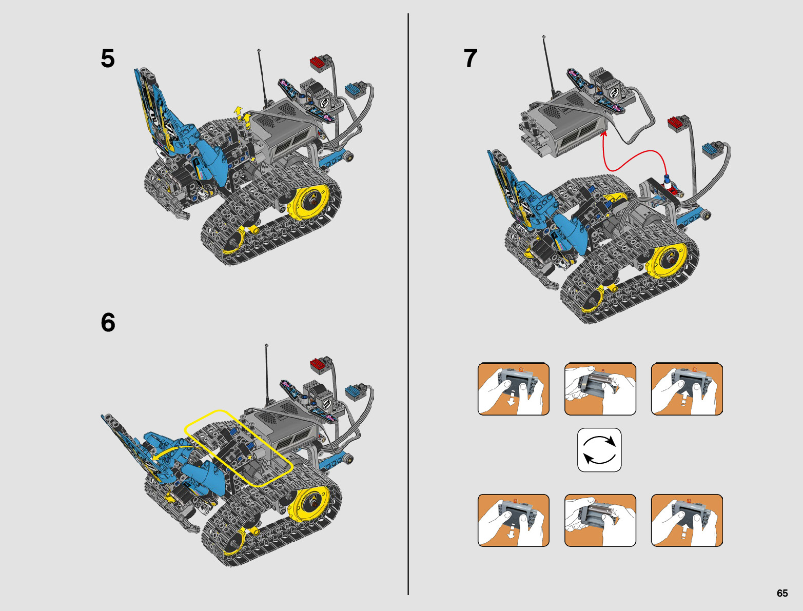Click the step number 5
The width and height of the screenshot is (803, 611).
(x=108, y=58)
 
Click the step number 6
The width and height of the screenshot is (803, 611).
(x=108, y=323)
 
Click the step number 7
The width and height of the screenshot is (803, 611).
(x=470, y=58)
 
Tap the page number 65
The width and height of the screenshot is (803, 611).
(x=782, y=594)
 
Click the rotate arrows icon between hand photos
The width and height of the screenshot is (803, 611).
(x=599, y=450)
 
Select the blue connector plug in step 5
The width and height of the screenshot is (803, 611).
(x=356, y=90)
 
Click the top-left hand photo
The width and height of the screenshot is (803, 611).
(x=513, y=389)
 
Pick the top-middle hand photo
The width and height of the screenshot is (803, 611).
(x=600, y=389)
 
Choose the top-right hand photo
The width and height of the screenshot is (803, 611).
(x=687, y=389)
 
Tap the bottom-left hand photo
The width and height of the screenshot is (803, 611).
(x=513, y=520)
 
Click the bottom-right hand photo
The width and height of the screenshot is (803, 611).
(x=687, y=520)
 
